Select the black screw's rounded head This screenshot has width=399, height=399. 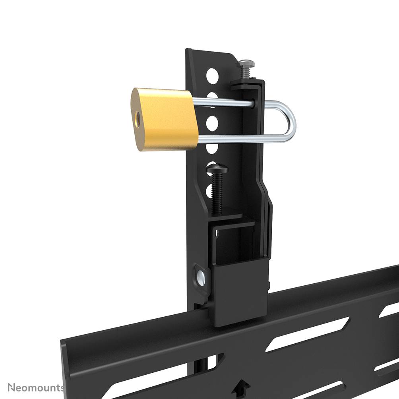(217, 170)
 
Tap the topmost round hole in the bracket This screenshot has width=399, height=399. (212, 74)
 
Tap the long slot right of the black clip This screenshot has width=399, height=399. (304, 334)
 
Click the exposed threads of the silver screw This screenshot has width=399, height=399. (245, 74)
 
